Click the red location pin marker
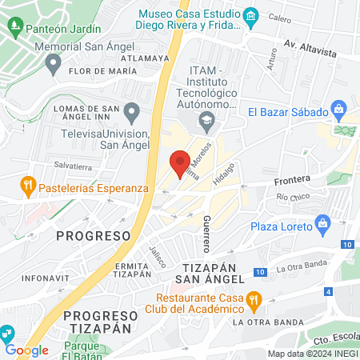click(180, 162)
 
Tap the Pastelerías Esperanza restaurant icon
click(27, 186)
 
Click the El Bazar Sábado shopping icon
click(339, 109)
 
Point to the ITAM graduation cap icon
click(207, 122)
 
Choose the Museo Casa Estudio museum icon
click(250, 15)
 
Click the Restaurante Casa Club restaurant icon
click(254, 301)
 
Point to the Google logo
click(27, 350)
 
